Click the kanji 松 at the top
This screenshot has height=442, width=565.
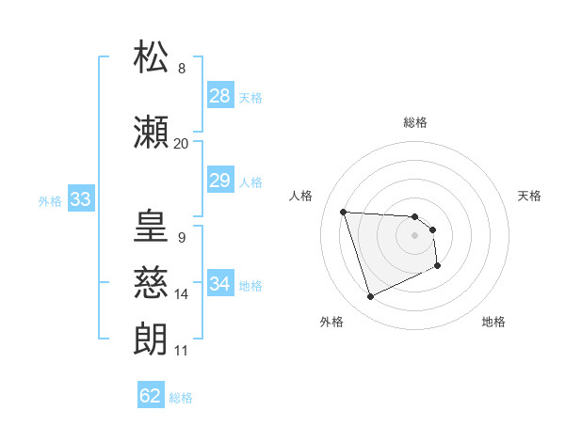click(151, 55)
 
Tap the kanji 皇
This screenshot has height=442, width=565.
click(151, 226)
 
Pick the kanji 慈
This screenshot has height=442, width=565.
click(151, 282)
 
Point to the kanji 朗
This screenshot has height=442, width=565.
click(151, 339)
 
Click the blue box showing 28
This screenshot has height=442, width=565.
click(219, 96)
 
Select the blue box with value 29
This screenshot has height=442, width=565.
click(219, 181)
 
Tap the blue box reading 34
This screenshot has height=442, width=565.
click(219, 284)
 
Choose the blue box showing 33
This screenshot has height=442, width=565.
click(80, 199)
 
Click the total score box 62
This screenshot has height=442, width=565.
click(151, 396)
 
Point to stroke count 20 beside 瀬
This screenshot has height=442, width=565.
click(181, 144)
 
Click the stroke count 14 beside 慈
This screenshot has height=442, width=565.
click(181, 294)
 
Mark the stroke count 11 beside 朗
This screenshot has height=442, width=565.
click(181, 351)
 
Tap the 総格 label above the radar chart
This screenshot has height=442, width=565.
click(414, 122)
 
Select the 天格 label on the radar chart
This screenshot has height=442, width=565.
click(529, 196)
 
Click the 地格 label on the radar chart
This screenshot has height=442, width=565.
click(493, 322)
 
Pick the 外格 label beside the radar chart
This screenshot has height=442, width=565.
click(331, 322)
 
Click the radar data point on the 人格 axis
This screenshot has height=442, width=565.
click(344, 212)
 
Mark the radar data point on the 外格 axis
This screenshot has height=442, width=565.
click(370, 297)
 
